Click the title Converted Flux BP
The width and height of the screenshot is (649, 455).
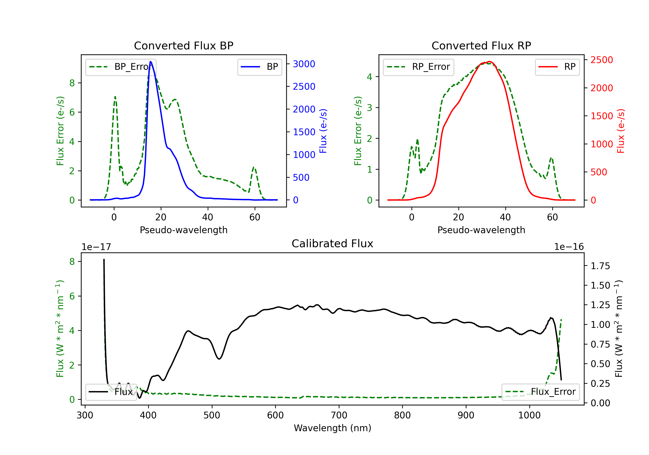(183, 45)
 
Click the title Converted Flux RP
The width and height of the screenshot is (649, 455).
(481, 45)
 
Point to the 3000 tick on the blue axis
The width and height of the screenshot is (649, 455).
(304, 64)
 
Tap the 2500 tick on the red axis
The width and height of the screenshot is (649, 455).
(601, 60)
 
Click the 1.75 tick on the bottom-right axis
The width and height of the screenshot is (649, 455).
(600, 266)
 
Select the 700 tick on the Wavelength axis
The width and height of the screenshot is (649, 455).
(339, 415)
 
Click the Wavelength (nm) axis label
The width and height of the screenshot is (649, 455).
(333, 428)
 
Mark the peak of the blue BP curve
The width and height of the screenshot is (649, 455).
(150, 62)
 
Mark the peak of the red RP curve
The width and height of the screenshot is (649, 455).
(490, 62)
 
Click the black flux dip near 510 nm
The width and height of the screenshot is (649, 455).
(219, 359)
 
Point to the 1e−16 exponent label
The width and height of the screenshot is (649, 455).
(569, 247)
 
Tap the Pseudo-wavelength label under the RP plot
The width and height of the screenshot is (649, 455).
(481, 230)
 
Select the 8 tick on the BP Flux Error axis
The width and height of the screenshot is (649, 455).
(72, 83)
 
